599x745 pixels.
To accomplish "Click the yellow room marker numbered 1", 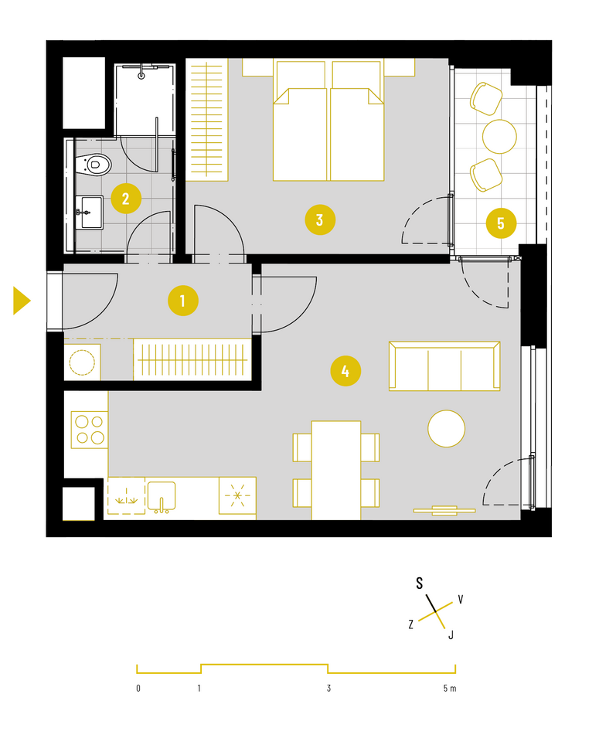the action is (183, 301).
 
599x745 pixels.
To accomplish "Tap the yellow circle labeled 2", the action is (126, 198).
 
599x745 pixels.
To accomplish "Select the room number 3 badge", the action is (320, 220).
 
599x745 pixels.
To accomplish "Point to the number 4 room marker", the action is (345, 371).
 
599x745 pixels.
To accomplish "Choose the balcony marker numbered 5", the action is (501, 223).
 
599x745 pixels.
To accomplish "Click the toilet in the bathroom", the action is (94, 165).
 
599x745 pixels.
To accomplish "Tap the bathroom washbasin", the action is (90, 213).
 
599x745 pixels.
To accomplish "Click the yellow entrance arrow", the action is (22, 301).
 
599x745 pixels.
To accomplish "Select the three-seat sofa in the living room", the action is (444, 366).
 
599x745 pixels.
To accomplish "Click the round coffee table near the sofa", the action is (446, 429).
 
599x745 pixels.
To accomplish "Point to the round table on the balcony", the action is (499, 136).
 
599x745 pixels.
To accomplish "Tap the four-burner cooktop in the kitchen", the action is (90, 430).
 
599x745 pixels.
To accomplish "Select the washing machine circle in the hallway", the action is (82, 362).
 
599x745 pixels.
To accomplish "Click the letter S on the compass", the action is (420, 583).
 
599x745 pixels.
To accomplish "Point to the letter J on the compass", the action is (451, 634).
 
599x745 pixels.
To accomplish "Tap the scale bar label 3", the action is (328, 688).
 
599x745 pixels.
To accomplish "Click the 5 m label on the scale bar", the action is (450, 688).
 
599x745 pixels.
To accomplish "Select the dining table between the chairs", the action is (336, 471).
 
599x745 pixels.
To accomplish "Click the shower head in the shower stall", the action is (141, 75).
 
